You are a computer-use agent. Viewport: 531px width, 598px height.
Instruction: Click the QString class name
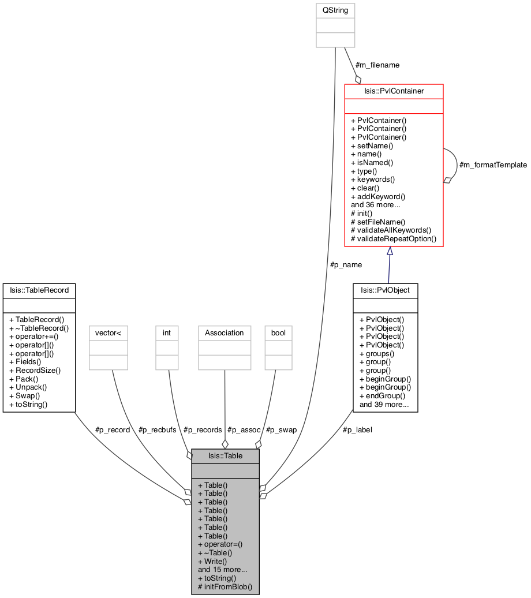pos(335,10)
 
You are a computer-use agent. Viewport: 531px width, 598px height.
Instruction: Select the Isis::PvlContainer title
pos(394,91)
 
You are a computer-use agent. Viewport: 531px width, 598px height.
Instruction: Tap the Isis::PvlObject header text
pos(386,290)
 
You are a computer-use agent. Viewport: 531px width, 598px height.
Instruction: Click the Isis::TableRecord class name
pos(39,290)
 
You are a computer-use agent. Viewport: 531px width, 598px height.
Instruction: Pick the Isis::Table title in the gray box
pos(226,456)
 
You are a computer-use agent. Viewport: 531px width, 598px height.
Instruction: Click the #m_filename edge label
pos(377,65)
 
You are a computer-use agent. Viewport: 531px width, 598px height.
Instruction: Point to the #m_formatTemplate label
pos(493,165)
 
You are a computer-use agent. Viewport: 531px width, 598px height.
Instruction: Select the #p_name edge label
pos(346,265)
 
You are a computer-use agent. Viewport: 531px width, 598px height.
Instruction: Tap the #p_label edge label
pos(357,430)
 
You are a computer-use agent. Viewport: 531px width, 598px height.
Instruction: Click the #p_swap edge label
pos(281,430)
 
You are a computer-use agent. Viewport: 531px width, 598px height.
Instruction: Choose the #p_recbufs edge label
pos(157,430)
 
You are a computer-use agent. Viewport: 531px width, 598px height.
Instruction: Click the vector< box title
pos(109,333)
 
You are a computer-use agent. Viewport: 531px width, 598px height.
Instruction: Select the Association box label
pos(225,333)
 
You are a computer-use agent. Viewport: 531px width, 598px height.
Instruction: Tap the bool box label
pos(278,333)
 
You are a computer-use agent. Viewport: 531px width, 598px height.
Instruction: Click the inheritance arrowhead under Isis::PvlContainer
pos(390,251)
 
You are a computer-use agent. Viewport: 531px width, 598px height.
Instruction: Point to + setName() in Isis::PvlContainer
pos(372,145)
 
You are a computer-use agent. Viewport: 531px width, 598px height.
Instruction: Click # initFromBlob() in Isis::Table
pos(225,586)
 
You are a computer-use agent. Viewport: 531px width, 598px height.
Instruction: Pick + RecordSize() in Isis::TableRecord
pos(35,371)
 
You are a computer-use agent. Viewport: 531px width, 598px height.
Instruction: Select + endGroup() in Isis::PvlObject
pos(382,396)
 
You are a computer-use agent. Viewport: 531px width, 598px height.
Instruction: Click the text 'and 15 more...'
pos(222,570)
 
